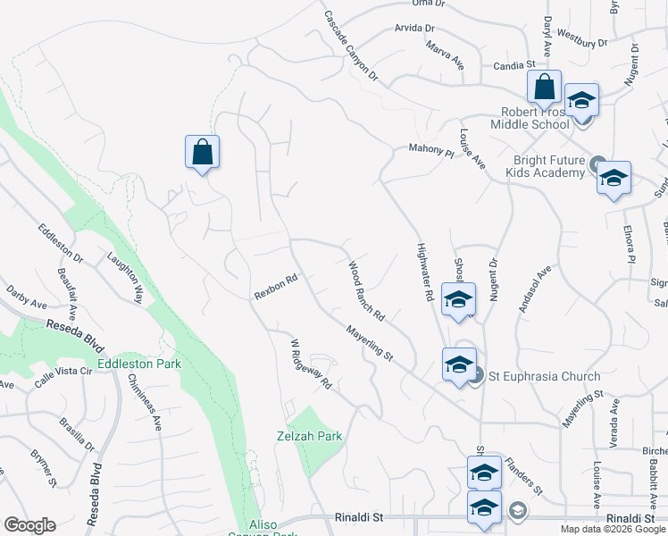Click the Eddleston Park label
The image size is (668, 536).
pos(139,364)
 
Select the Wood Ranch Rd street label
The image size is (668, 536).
pos(366,291)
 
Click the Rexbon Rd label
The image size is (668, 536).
pos(275,288)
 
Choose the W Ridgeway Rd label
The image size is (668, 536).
pos(311,364)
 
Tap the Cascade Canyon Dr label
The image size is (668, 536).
pos(351,47)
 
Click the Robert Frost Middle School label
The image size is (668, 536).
pos(534,118)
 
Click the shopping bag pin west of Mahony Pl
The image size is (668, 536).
pos(202,153)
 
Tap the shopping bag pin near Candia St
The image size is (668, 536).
pos(543,88)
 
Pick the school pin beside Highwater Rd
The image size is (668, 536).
pos(458,299)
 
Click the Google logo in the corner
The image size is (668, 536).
pos(29,525)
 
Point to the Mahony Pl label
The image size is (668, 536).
pos(431,151)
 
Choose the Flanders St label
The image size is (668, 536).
pos(522,477)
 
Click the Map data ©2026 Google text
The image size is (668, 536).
pos(613,529)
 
